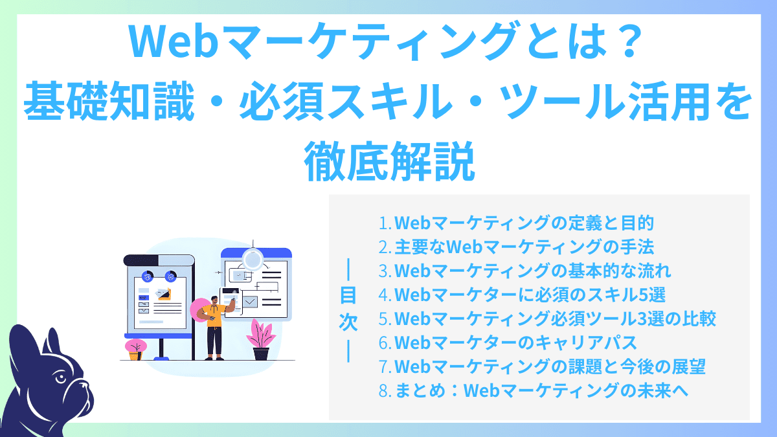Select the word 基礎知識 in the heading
click(x=102, y=102)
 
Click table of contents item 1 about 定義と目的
click(x=516, y=223)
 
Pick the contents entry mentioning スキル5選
click(x=522, y=295)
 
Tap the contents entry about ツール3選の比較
click(x=547, y=319)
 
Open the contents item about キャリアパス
click(x=517, y=342)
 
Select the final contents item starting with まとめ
click(x=534, y=390)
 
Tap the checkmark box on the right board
click(x=249, y=301)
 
